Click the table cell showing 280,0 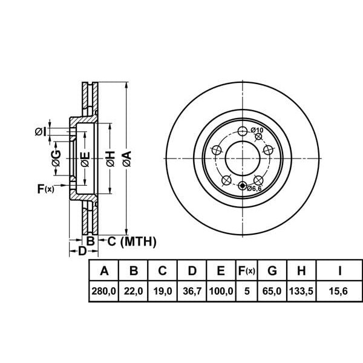tap(103, 291)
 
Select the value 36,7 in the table tap(192, 291)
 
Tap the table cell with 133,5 tap(301, 291)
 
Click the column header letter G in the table tap(272, 270)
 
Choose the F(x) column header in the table tap(247, 270)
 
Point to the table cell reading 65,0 tap(272, 291)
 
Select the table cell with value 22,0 tap(133, 291)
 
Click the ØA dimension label tap(127, 159)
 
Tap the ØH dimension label tap(111, 159)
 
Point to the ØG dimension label tap(56, 159)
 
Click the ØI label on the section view tap(41, 132)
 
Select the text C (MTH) tap(132, 241)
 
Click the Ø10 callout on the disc tap(257, 130)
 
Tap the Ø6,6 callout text tap(254, 188)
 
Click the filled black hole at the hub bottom tap(243, 186)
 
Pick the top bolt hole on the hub tap(243, 131)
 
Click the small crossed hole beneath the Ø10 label tap(258, 137)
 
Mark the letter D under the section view tap(82, 251)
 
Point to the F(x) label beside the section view tap(45, 189)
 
